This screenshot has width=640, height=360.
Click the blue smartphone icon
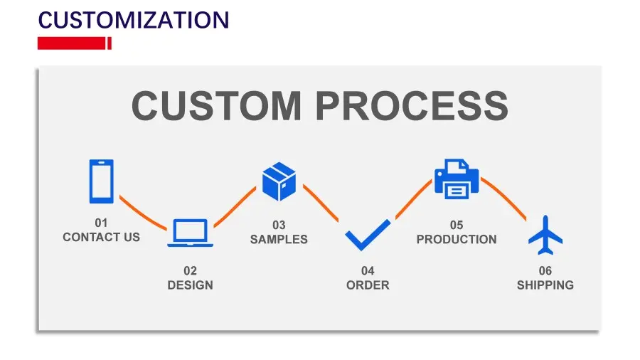(x=101, y=181)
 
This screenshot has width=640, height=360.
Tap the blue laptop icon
(x=190, y=233)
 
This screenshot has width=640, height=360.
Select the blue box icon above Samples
(x=279, y=181)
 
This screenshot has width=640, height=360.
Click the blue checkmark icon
(x=368, y=235)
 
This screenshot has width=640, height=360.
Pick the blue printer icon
(x=457, y=179)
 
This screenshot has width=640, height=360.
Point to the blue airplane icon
(x=545, y=235)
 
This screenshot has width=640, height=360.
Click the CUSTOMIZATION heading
(x=134, y=20)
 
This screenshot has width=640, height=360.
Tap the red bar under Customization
(x=74, y=43)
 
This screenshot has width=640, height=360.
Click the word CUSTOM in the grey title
(x=216, y=105)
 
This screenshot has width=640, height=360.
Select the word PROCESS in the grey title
(x=412, y=105)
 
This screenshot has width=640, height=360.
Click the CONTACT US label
(x=101, y=237)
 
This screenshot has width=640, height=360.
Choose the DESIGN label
(x=190, y=285)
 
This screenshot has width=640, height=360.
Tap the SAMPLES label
(x=279, y=239)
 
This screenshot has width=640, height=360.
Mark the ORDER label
(x=368, y=285)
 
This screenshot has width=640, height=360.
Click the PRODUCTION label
(x=457, y=239)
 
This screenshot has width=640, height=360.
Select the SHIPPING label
(x=545, y=285)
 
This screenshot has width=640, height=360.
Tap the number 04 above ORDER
(x=368, y=271)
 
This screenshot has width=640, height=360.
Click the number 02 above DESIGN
(x=190, y=271)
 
